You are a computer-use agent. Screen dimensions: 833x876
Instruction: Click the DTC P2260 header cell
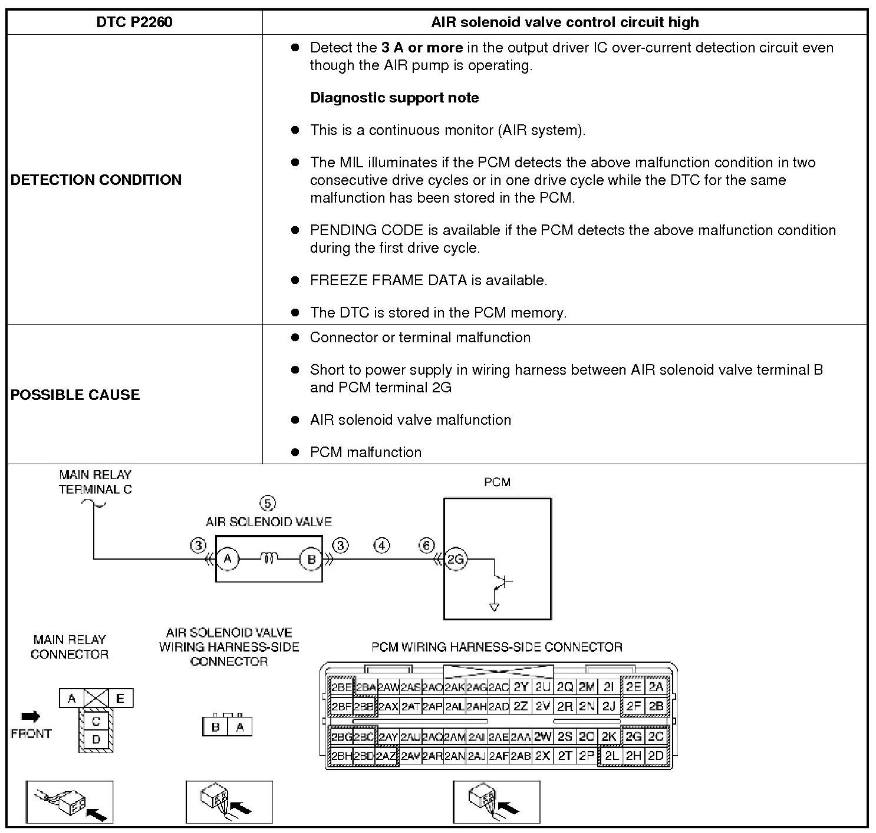pos(134,22)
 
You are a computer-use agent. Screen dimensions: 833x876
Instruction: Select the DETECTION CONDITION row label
pos(96,180)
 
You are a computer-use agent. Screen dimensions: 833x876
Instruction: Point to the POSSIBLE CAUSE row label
pos(75,395)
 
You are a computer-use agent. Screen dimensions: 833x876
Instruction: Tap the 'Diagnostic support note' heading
pos(394,98)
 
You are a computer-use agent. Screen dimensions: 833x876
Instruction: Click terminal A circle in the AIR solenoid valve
pos(228,559)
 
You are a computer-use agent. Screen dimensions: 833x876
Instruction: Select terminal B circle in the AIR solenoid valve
pos(311,559)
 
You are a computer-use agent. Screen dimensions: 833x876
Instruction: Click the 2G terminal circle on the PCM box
pos(455,560)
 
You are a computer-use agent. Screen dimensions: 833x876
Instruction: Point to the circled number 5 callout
pos(268,504)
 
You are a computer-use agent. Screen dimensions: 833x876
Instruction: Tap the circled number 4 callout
pos(382,546)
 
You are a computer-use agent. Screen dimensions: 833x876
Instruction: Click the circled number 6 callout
pos(427,546)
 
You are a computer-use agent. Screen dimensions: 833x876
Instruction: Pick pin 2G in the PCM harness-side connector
pos(633,737)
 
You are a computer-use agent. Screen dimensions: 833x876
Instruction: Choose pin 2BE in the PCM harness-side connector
pos(341,687)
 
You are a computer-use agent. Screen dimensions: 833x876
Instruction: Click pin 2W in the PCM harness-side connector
pos(542,737)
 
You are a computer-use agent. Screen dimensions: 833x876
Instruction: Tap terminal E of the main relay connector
pos(120,699)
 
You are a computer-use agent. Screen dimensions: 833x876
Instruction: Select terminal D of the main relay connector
pos(96,739)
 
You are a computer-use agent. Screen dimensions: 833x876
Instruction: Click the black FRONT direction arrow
pos(31,716)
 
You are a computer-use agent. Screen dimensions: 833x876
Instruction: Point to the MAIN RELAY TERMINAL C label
pos(95,482)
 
